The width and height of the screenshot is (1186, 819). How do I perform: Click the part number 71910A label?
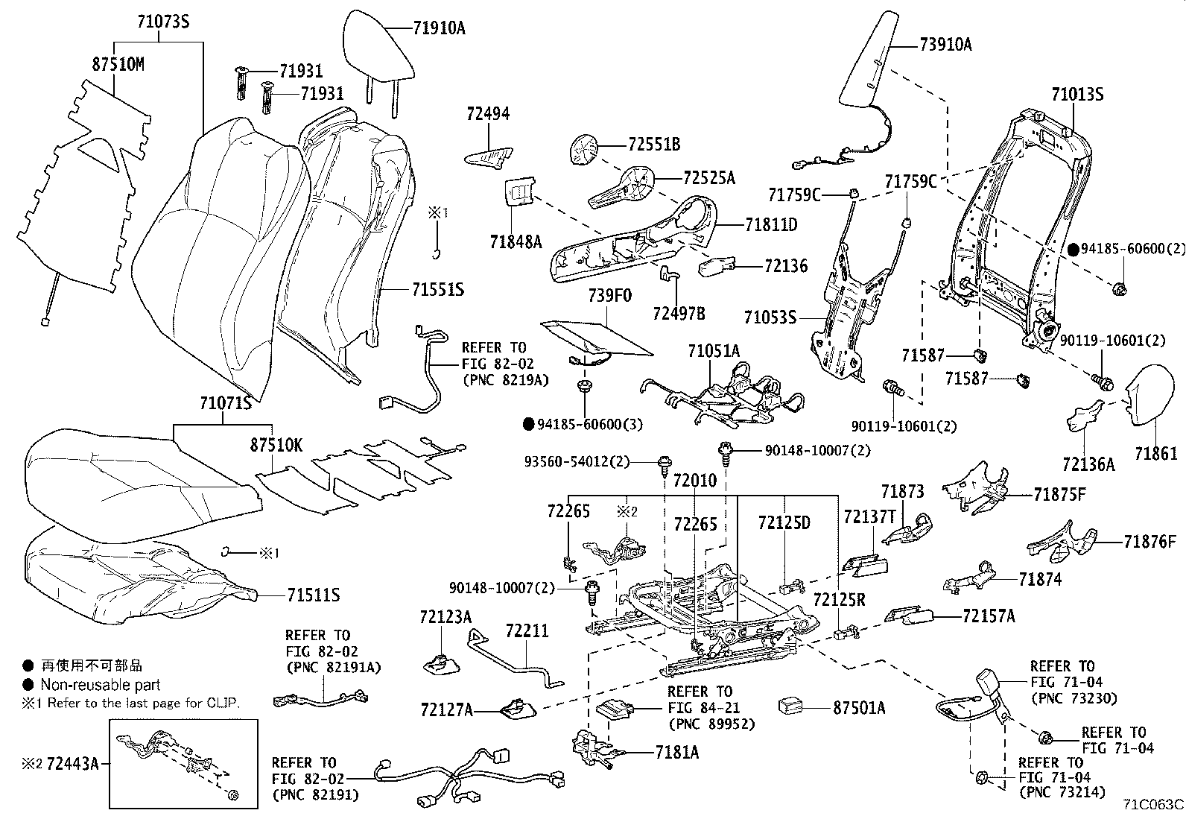440,28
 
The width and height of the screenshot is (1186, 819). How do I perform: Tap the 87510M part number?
118,65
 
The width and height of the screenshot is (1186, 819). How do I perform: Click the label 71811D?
771,224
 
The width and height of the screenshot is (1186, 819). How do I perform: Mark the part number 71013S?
1077,95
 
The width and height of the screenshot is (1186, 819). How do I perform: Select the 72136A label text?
1088,465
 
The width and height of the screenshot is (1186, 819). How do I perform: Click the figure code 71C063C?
1154,805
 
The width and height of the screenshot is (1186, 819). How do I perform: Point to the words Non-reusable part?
101,685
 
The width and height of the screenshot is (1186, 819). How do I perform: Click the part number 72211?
526,631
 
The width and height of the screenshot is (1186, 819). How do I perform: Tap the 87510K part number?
276,445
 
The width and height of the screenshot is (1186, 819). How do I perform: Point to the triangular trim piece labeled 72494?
489,156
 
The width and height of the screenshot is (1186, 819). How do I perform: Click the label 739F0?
609,295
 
